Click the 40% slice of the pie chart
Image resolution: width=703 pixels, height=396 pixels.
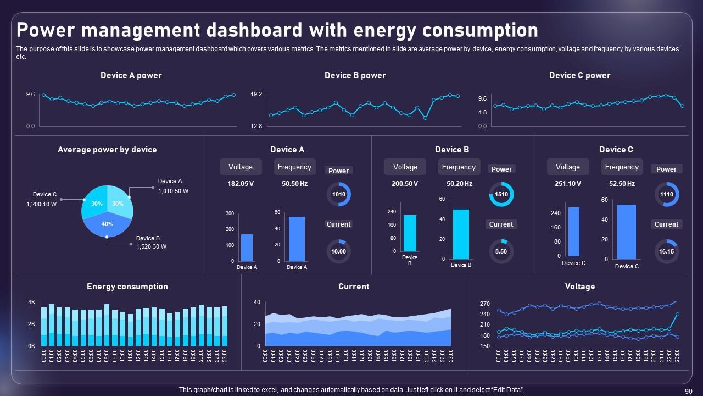(107, 224)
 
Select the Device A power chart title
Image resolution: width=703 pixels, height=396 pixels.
(131, 75)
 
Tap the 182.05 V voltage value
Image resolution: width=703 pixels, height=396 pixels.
(241, 184)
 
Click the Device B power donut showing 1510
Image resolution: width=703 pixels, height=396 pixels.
(501, 194)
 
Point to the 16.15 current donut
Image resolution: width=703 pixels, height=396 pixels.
(666, 251)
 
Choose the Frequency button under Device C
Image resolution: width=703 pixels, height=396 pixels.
(622, 167)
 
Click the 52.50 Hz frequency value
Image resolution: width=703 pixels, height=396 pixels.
(622, 184)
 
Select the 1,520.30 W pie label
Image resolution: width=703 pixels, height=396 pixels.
(152, 247)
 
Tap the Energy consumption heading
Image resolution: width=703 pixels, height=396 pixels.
(127, 287)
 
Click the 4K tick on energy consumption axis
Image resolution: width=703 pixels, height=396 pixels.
(32, 302)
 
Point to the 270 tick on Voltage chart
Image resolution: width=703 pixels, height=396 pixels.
(484, 304)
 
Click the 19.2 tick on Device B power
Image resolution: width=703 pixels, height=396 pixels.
(256, 95)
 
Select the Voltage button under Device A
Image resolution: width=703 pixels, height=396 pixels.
(241, 167)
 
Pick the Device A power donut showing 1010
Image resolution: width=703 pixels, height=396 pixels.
(339, 194)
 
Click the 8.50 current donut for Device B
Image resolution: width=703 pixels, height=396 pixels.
(501, 251)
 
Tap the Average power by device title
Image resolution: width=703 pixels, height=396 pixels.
(107, 150)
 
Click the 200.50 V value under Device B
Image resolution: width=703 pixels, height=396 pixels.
(405, 184)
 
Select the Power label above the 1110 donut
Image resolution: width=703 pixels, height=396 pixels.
(666, 169)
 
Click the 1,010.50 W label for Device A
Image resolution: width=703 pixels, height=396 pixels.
(174, 191)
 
